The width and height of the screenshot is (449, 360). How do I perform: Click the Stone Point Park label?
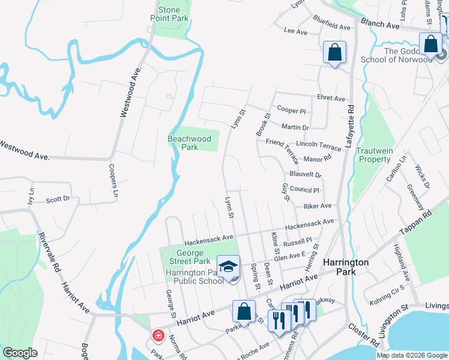coord(169,14)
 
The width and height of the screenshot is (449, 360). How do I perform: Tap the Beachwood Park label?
coord(189,143)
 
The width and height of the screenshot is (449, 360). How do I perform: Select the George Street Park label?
coord(185,257)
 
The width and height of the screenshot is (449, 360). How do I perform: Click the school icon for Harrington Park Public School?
coord(228,266)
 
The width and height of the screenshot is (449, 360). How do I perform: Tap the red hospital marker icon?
coord(158,335)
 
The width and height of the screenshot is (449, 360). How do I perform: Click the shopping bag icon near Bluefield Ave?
coord(335,52)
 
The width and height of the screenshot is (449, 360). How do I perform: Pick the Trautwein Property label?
coord(373,155)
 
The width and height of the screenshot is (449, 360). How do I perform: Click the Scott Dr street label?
coord(58,199)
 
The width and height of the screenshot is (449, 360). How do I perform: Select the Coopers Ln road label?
coord(112,181)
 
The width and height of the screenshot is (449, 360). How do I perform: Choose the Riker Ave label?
coord(318,206)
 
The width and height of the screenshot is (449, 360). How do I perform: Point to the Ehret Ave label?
coord(331,98)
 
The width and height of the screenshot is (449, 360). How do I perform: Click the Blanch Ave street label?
coord(380,26)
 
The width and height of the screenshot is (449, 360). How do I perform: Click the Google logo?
coord(20,353)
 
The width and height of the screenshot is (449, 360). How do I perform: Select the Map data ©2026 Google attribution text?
coord(411,355)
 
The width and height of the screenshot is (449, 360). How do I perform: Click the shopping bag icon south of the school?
coord(244,312)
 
